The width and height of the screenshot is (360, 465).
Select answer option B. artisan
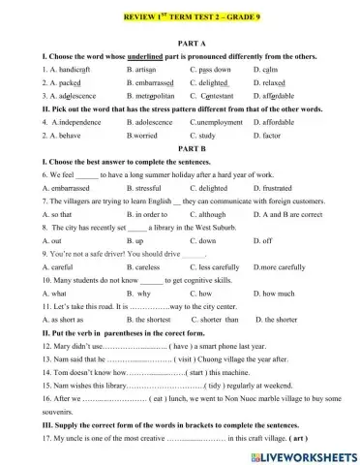147,71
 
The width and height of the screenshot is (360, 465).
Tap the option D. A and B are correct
292,213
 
